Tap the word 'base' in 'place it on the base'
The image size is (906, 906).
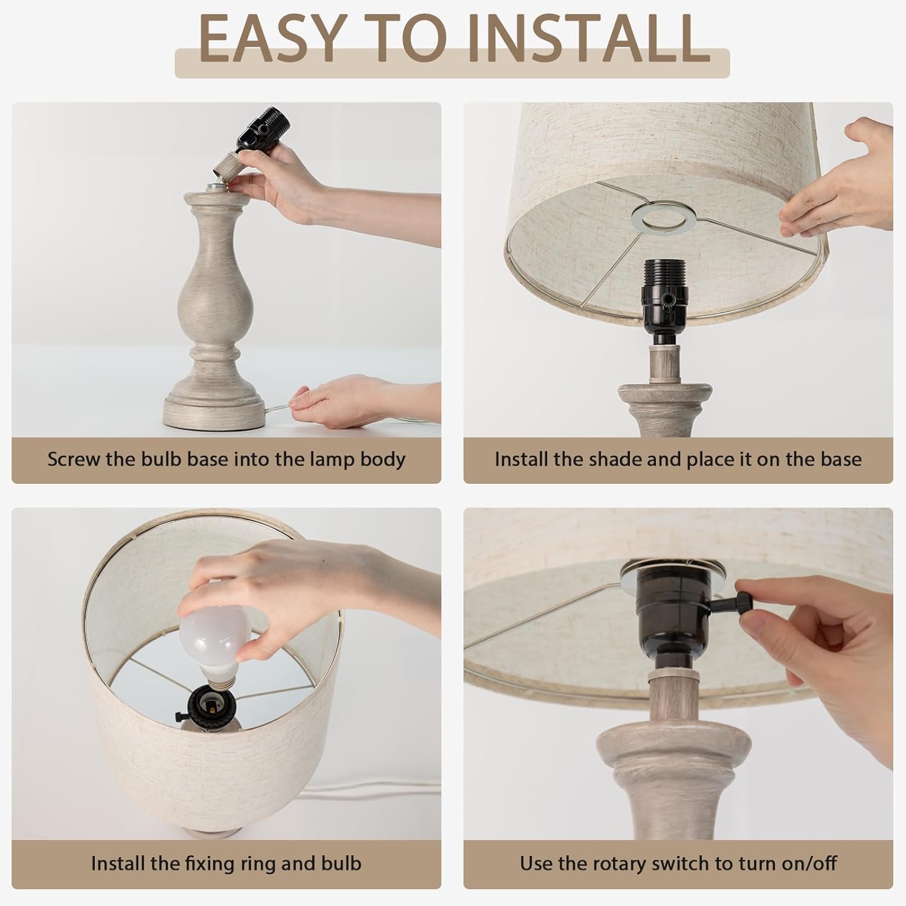point(840,459)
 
